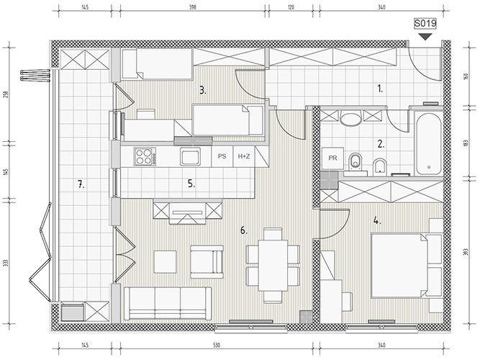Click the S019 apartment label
click(x=425, y=24)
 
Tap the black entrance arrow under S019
click(x=425, y=37)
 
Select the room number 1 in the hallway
click(x=380, y=89)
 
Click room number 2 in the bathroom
click(x=381, y=144)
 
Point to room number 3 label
click(x=203, y=91)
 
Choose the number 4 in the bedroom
click(x=377, y=221)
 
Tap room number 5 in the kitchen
click(x=191, y=184)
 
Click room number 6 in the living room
click(x=244, y=230)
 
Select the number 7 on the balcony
click(x=81, y=185)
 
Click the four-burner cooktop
click(x=145, y=157)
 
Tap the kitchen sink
click(x=190, y=157)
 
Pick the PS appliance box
click(x=222, y=157)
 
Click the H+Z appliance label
click(x=244, y=157)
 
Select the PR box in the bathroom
click(x=332, y=158)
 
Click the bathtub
click(x=428, y=144)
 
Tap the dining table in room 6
click(x=273, y=266)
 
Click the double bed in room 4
click(x=399, y=266)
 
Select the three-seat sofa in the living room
click(x=168, y=303)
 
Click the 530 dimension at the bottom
click(x=216, y=345)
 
